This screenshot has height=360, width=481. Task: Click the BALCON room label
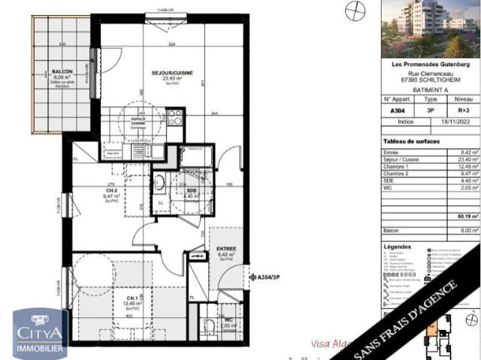tap(62, 72)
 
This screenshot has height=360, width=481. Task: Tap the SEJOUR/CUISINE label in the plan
tap(174, 73)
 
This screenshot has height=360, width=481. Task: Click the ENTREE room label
tap(227, 249)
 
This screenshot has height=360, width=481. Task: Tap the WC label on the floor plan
tap(228, 319)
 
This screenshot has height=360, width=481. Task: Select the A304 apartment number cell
tap(396, 110)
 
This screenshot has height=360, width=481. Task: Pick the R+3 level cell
tap(464, 110)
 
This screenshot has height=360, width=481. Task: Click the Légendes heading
tap(397, 247)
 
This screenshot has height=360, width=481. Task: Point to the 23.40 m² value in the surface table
tap(467, 159)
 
